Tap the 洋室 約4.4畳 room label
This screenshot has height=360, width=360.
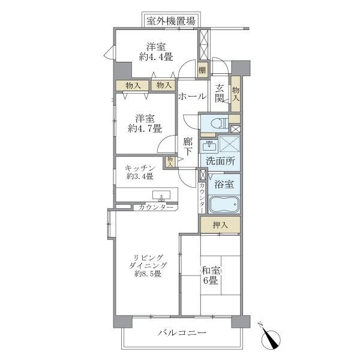(x=156, y=52)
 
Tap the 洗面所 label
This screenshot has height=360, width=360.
(x=220, y=161)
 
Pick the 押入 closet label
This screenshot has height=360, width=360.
(x=220, y=225)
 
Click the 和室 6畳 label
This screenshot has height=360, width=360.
(x=209, y=275)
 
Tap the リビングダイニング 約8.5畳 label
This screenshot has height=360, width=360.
(x=147, y=265)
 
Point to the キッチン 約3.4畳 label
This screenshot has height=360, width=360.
(x=140, y=172)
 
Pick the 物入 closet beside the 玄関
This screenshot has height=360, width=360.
(x=235, y=93)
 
